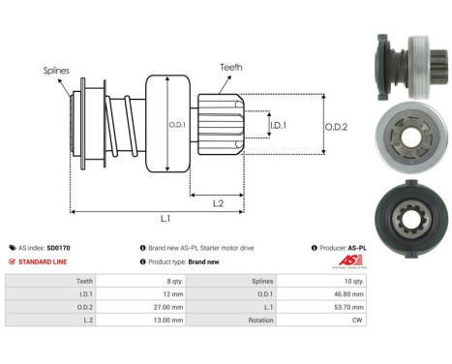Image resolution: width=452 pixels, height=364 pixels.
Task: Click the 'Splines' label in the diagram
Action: [55, 71]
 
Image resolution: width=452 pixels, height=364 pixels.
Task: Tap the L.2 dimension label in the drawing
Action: [218, 202]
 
